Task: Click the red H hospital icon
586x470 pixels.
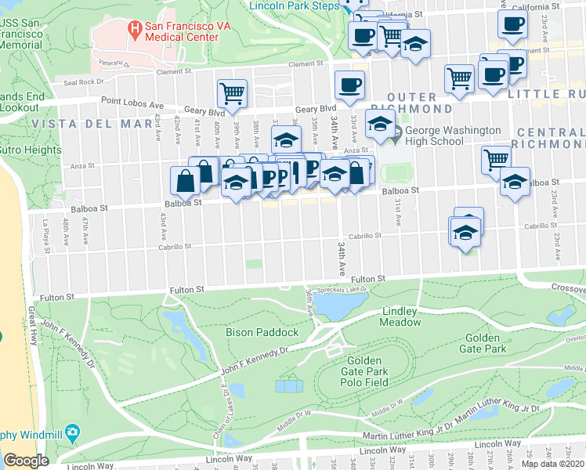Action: point(135,31)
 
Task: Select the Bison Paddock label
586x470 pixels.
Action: point(262,332)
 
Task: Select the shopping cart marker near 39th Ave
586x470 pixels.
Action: point(232,93)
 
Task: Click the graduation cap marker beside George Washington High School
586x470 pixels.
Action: point(380,125)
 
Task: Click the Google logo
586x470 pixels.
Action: point(26,460)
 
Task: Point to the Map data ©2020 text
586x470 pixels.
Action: point(553,464)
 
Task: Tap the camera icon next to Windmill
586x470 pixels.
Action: point(73,432)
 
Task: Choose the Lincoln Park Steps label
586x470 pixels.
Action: point(293,5)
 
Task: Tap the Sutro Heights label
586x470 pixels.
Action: point(31,150)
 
